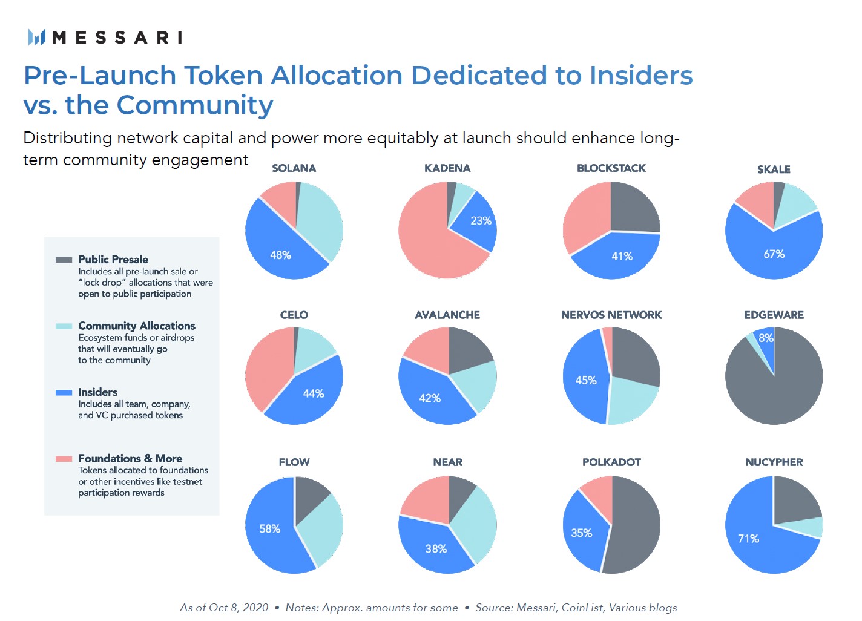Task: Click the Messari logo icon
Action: tap(37, 38)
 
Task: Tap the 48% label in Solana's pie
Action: tap(280, 255)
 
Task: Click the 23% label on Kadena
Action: tap(481, 221)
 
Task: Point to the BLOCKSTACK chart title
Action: tap(611, 168)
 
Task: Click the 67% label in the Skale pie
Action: tap(774, 254)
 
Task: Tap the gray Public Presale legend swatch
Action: tap(64, 260)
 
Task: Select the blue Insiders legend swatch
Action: tap(64, 392)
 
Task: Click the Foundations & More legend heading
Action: tap(130, 458)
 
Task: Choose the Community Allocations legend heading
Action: tap(137, 326)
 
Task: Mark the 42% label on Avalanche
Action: tap(430, 398)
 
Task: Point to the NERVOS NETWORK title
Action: tap(611, 315)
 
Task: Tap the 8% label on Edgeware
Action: tap(766, 338)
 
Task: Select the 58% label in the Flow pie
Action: tap(269, 529)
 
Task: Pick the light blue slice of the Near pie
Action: tap(475, 524)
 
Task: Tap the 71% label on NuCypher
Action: tap(748, 539)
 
